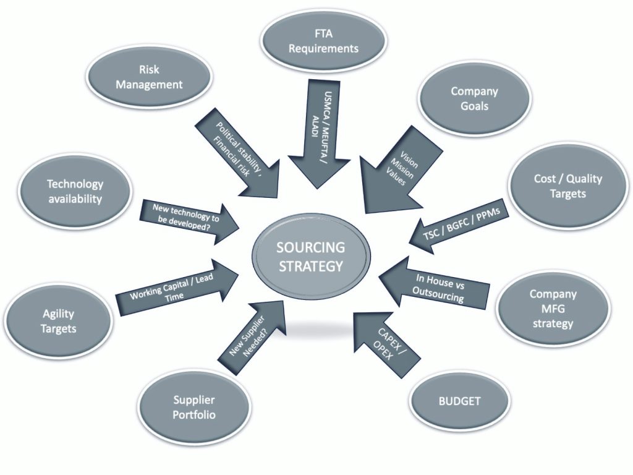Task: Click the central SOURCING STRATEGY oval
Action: pyautogui.click(x=311, y=257)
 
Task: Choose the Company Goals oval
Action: pyautogui.click(x=474, y=98)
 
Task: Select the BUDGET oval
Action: pyautogui.click(x=459, y=401)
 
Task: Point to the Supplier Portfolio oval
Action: pyautogui.click(x=194, y=408)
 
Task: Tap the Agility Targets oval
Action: pyautogui.click(x=58, y=321)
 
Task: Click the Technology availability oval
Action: pyautogui.click(x=75, y=191)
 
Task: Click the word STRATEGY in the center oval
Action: pyautogui.click(x=311, y=267)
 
